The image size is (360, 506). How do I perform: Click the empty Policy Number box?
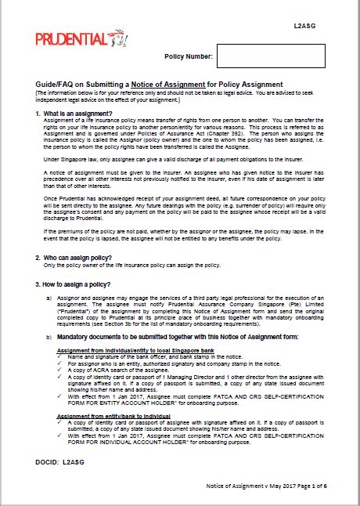tap(270, 56)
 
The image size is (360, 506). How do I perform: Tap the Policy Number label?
tap(187, 56)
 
